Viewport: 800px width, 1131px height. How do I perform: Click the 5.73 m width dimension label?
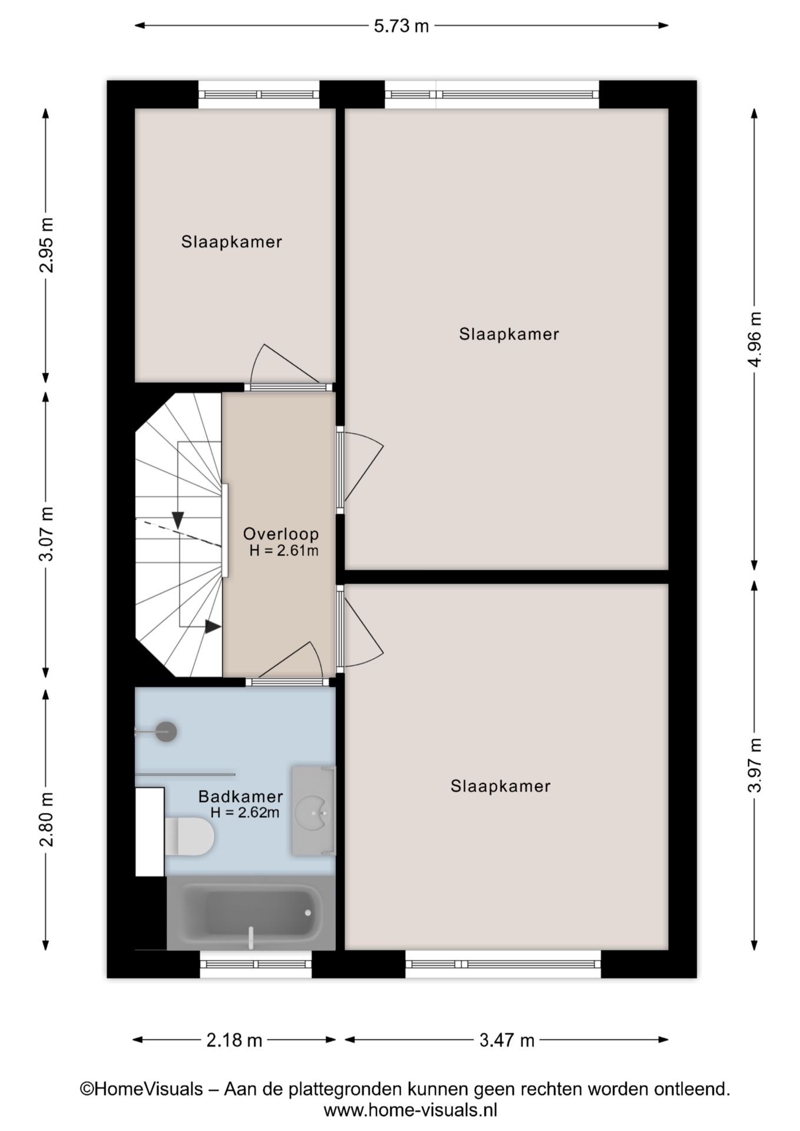tap(401, 26)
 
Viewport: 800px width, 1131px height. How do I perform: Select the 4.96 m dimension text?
tap(755, 339)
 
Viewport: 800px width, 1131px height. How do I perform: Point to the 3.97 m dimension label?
tap(755, 765)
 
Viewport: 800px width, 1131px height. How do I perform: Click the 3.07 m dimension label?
tap(46, 534)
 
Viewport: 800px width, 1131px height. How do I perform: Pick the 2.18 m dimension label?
tap(234, 1040)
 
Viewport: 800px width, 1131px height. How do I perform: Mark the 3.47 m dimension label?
tap(507, 1040)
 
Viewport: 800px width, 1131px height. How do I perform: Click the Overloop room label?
tap(281, 534)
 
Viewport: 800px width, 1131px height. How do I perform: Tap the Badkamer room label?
tap(240, 796)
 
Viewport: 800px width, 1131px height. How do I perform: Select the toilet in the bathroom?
tap(189, 836)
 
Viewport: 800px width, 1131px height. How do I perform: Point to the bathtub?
tap(251, 912)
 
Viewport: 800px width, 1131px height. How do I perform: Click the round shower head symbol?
tap(166, 732)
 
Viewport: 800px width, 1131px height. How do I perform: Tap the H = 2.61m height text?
tap(284, 551)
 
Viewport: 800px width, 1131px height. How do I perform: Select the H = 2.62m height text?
tap(245, 813)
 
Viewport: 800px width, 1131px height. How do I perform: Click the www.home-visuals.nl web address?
tap(410, 1110)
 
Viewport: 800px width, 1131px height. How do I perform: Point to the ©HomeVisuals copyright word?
tap(141, 1089)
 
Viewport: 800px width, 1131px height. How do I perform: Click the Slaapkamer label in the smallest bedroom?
tap(232, 242)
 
